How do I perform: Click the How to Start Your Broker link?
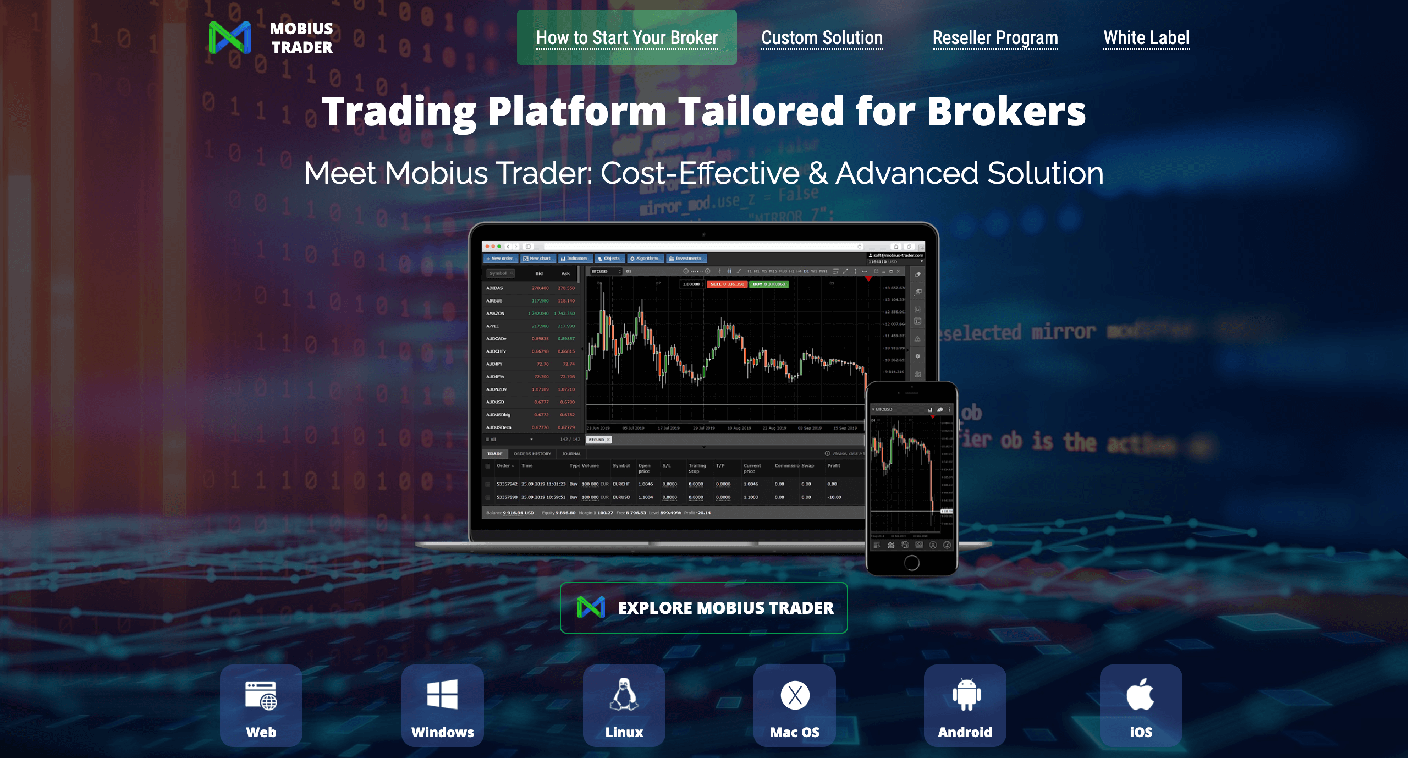(626, 37)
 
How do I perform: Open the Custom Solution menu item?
(822, 37)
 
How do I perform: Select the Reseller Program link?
(995, 37)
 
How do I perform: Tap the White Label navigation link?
(1146, 37)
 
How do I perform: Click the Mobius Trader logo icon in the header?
(230, 37)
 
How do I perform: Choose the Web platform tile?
(261, 705)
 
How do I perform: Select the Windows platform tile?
(443, 705)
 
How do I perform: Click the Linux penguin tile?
(624, 705)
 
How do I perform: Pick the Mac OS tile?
(795, 705)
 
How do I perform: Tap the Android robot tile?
(965, 705)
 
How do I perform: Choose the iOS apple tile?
(1141, 705)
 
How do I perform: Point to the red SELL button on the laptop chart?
(727, 284)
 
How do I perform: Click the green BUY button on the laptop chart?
(768, 284)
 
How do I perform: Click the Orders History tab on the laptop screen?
(532, 454)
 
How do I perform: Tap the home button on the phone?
(911, 562)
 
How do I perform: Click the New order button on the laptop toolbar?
(500, 259)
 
